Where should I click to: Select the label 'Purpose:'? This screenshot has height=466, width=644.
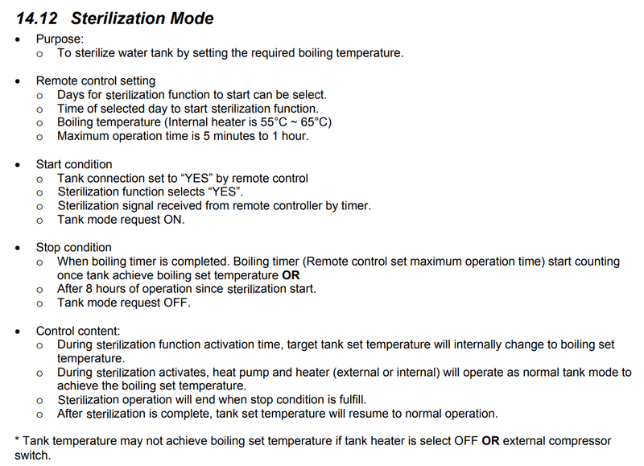pos(59,39)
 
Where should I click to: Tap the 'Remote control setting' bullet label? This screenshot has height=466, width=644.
pos(96,80)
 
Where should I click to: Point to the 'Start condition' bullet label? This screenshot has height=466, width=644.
pos(74,164)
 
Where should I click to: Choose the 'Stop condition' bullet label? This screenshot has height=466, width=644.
pos(73,247)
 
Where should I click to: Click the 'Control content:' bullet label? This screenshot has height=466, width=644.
pos(78,331)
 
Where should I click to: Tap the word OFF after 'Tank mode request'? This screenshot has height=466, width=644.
pos(177,303)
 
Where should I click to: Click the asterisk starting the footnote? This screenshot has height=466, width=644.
pos(18,441)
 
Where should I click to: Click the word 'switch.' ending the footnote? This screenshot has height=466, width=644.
pos(33,455)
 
